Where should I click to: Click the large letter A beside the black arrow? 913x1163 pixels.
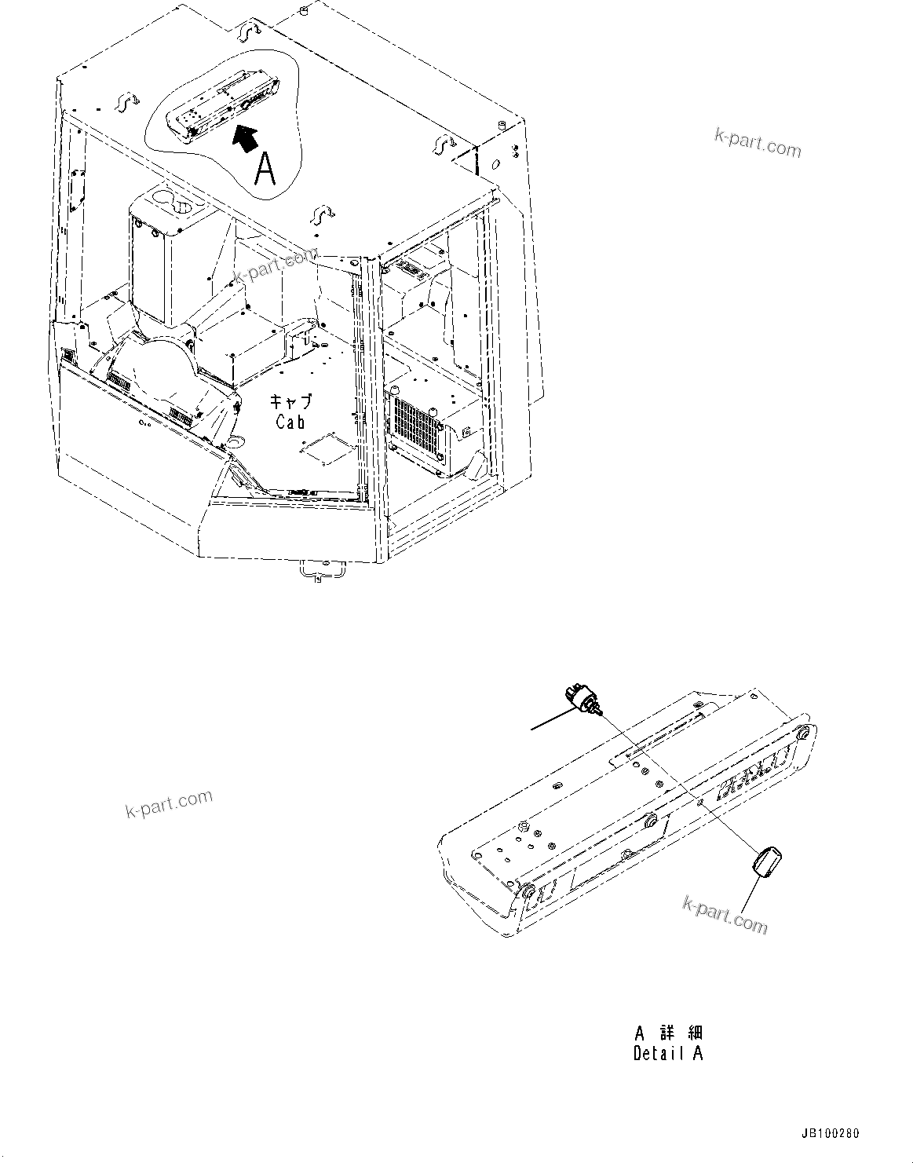pyautogui.click(x=265, y=169)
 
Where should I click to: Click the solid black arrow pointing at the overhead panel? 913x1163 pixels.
pyautogui.click(x=247, y=138)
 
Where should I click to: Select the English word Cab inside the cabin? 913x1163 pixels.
pyautogui.click(x=290, y=422)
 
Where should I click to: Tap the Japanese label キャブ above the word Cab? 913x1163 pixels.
pyautogui.click(x=290, y=401)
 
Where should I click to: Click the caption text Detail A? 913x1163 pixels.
pyautogui.click(x=668, y=1054)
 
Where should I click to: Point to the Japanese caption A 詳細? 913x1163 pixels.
pyautogui.click(x=668, y=1032)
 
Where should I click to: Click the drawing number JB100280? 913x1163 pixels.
pyautogui.click(x=831, y=1134)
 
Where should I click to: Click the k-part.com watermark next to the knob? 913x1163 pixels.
pyautogui.click(x=725, y=916)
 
